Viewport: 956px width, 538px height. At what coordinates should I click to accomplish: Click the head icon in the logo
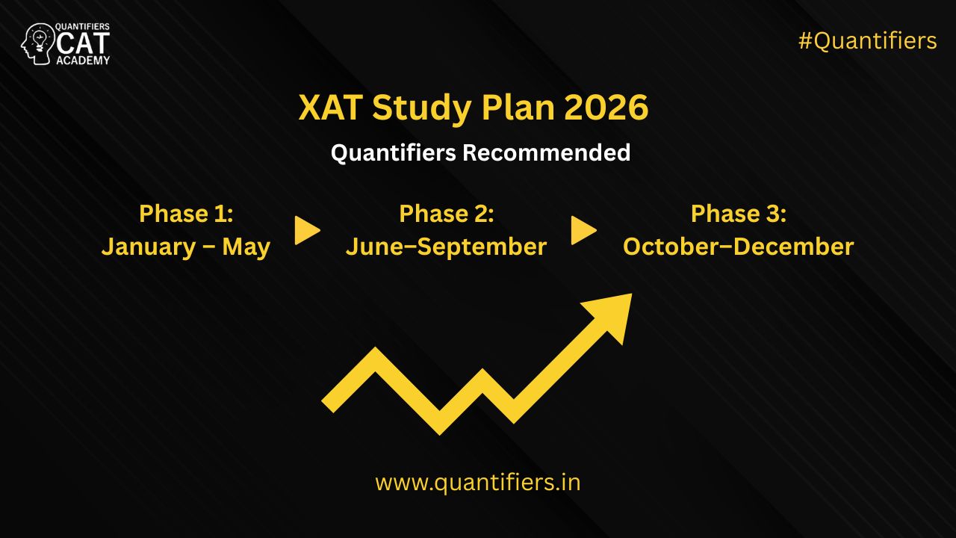click(x=37, y=44)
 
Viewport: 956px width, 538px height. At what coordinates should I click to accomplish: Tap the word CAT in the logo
click(x=83, y=43)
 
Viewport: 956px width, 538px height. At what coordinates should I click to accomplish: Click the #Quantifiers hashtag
click(x=868, y=41)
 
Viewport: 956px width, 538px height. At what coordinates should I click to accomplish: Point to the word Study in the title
click(x=422, y=109)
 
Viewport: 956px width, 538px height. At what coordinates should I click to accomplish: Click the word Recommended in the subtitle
click(x=547, y=152)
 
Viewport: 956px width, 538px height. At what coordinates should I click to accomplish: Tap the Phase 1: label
click(x=186, y=214)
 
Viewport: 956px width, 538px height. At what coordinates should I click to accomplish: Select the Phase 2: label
click(x=447, y=214)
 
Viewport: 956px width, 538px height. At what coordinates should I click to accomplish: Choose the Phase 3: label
click(x=739, y=214)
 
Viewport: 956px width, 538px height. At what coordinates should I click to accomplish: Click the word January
click(x=149, y=247)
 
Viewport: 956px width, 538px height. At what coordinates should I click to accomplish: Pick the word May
click(x=246, y=247)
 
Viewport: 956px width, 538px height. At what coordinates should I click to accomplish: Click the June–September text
click(x=447, y=247)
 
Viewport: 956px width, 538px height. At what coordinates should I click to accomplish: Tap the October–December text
click(x=739, y=247)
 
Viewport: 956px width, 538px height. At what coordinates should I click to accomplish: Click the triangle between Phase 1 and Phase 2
click(x=307, y=231)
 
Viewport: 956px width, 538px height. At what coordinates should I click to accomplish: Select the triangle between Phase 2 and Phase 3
click(x=583, y=231)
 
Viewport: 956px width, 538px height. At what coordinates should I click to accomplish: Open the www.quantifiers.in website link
click(x=478, y=483)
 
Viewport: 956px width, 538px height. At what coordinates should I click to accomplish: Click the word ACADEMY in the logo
click(x=83, y=61)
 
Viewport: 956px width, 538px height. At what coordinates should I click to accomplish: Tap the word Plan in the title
click(x=518, y=107)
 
